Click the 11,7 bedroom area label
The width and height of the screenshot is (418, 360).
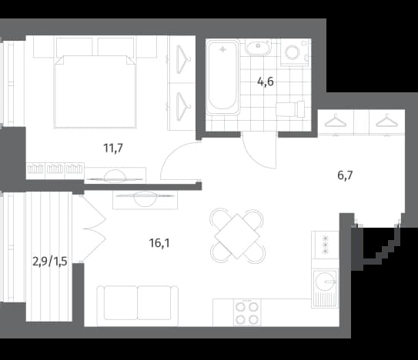(113, 148)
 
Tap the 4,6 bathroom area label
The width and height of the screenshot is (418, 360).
(266, 82)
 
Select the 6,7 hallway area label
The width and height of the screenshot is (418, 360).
(345, 175)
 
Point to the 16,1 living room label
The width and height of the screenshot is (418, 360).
(159, 243)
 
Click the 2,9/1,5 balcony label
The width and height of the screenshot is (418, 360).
(49, 262)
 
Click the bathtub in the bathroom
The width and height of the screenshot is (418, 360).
(222, 77)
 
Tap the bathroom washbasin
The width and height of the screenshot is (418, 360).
(258, 48)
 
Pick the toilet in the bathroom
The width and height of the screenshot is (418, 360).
(290, 109)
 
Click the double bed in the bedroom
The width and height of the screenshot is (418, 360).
(95, 92)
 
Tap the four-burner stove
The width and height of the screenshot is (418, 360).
(247, 312)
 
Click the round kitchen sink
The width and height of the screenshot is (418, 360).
(325, 281)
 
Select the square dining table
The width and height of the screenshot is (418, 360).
(237, 236)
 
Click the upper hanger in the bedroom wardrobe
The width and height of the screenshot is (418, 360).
(183, 59)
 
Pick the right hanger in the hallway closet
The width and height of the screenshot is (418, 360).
(386, 120)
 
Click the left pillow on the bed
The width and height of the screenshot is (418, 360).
(75, 47)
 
